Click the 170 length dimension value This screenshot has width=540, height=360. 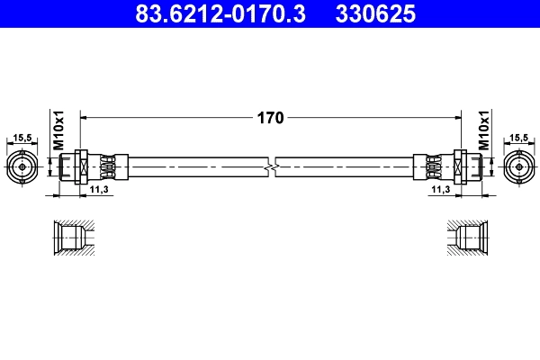click(271, 117)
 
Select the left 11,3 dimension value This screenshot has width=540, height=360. click(100, 191)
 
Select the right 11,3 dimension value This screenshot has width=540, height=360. click(440, 191)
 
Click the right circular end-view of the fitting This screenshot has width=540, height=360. click(518, 166)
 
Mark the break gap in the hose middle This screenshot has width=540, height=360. click(272, 166)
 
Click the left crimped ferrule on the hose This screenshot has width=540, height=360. click(108, 166)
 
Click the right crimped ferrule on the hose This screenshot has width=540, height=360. click(432, 166)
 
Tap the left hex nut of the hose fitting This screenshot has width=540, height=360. click(81, 166)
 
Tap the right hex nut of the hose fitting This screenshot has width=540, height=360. click(459, 166)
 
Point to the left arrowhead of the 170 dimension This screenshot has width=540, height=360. click(85, 117)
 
